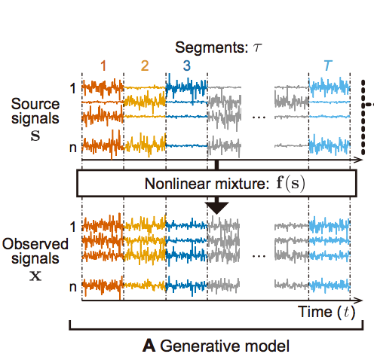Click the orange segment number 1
click(103, 66)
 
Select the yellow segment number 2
click(145, 66)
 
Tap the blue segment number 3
click(187, 66)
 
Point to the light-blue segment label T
click(328, 66)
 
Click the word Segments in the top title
click(212, 47)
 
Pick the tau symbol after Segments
click(257, 47)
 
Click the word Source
click(35, 104)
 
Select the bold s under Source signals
click(35, 136)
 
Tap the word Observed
click(35, 244)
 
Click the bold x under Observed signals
click(35, 276)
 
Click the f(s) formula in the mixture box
click(290, 183)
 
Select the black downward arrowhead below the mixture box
click(217, 208)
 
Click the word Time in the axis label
click(315, 312)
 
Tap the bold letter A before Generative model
click(149, 346)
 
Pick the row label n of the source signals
click(73, 148)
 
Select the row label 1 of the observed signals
click(73, 227)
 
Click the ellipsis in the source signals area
click(259, 117)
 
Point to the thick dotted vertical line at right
click(363, 117)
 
